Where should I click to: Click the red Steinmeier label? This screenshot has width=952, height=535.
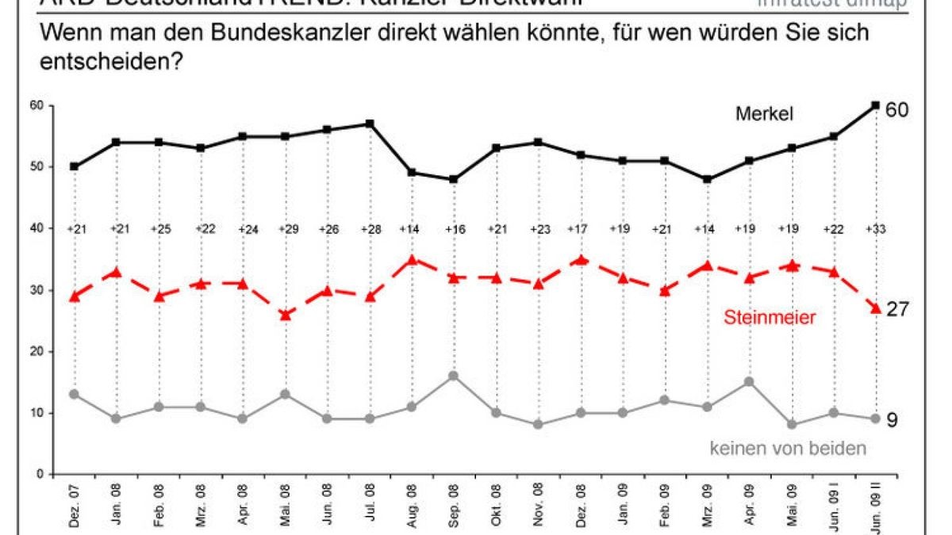coord(769,318)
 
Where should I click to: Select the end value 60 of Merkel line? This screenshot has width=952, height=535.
coord(896,109)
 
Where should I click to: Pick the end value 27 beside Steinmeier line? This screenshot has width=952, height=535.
coord(896,309)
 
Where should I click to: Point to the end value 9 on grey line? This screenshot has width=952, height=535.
coord(891,419)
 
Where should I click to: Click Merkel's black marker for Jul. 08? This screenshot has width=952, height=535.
coord(370,124)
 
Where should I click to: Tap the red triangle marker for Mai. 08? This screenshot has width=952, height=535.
coord(285,315)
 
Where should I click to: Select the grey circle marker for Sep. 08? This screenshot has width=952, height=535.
coord(454,376)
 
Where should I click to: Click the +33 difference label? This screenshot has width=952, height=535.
coord(874,229)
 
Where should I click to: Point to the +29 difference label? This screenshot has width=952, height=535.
coord(285,229)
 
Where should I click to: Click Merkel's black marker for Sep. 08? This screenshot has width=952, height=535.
coord(454,179)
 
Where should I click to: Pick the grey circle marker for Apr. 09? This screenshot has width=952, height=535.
coord(748,382)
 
